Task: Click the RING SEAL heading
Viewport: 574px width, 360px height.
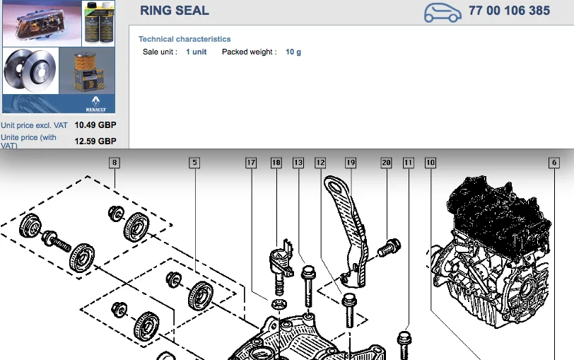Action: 175,11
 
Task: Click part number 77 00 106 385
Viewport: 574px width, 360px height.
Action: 509,11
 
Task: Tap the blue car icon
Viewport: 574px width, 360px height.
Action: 443,13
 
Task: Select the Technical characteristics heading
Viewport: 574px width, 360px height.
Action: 184,39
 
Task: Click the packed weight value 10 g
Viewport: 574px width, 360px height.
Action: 293,52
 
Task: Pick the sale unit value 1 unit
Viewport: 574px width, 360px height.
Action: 197,52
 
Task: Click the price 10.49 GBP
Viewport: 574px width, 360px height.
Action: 95,125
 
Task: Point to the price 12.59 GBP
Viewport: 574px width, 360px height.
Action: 95,141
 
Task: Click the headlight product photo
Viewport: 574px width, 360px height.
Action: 42,23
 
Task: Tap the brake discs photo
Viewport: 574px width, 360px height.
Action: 30,70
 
